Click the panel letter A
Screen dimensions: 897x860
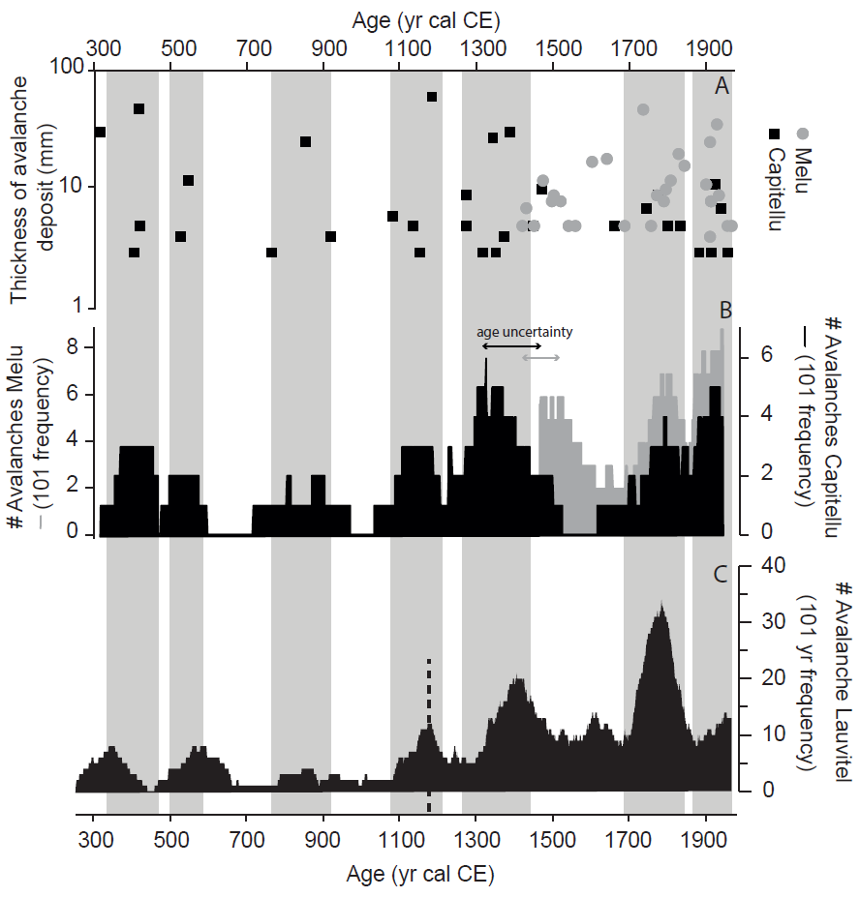721,86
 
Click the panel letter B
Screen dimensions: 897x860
723,311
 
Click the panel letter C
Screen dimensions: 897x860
721,574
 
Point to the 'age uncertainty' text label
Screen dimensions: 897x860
525,332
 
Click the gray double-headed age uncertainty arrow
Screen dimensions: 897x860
540,358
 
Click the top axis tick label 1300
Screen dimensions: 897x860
479,48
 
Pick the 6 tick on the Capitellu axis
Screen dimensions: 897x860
753,355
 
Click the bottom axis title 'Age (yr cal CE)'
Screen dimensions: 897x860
420,876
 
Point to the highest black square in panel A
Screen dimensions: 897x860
432,97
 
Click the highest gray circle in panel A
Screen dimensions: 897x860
642,109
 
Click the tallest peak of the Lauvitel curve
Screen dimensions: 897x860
661,604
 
